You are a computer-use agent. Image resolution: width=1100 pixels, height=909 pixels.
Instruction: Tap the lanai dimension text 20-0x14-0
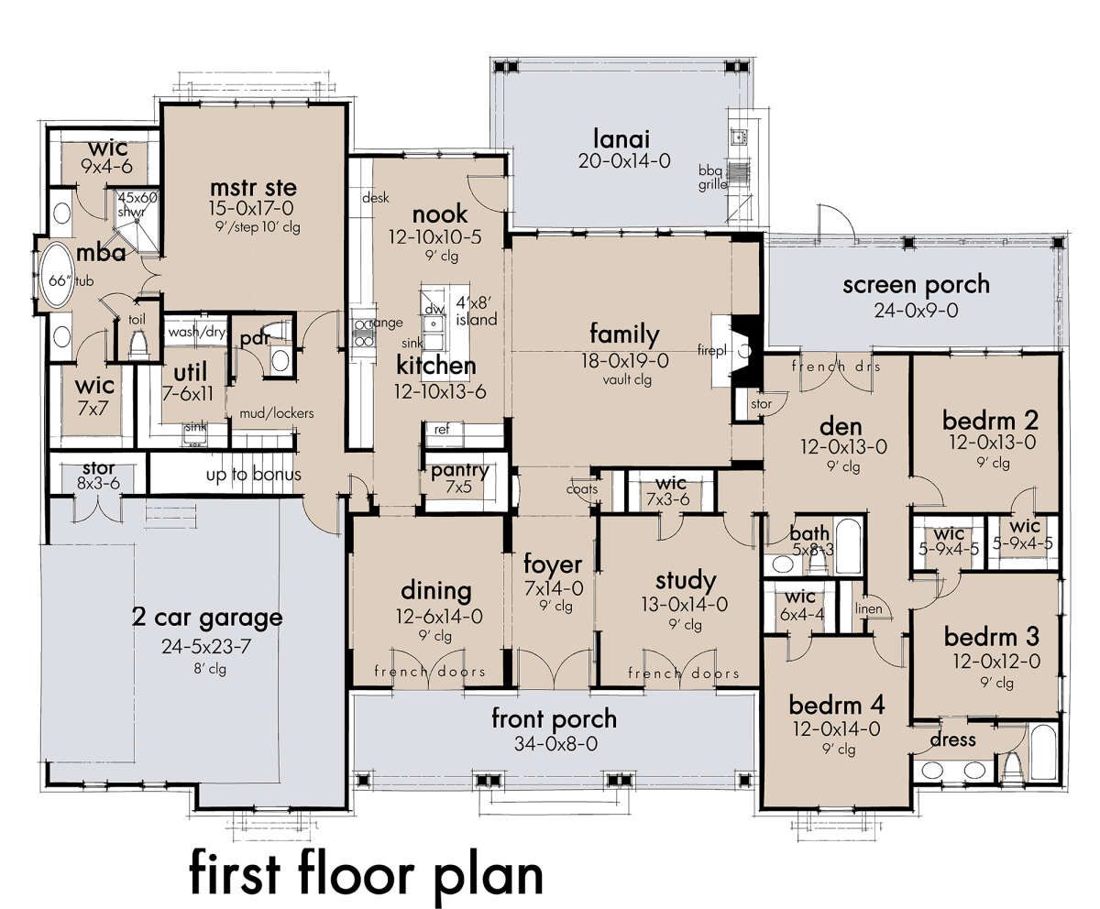click(624, 160)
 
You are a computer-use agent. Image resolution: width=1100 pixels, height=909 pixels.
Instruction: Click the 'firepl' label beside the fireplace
click(711, 350)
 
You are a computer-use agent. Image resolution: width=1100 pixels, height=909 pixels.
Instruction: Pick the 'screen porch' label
click(916, 286)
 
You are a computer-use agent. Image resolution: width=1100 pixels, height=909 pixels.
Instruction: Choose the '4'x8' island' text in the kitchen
click(476, 311)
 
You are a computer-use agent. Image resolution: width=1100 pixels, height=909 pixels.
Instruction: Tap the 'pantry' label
click(459, 471)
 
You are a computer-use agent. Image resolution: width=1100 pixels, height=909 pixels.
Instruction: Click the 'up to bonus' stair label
click(253, 475)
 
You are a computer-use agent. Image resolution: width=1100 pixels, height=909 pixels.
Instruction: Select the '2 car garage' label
click(207, 618)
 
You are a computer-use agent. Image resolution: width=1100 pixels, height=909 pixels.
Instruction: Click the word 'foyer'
click(553, 564)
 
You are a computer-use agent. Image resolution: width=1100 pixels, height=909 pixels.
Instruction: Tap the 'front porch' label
click(555, 719)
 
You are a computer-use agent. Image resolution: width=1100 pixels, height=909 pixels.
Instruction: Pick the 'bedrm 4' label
click(837, 706)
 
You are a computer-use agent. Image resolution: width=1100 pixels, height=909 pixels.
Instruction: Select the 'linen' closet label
click(869, 608)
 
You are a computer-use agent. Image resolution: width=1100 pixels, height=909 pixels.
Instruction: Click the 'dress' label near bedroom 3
click(953, 739)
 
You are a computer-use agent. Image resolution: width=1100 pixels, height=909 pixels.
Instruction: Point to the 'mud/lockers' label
click(277, 413)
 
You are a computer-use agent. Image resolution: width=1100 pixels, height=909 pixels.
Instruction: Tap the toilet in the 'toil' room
click(138, 344)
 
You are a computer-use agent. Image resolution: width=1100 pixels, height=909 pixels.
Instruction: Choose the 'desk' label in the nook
click(376, 198)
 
